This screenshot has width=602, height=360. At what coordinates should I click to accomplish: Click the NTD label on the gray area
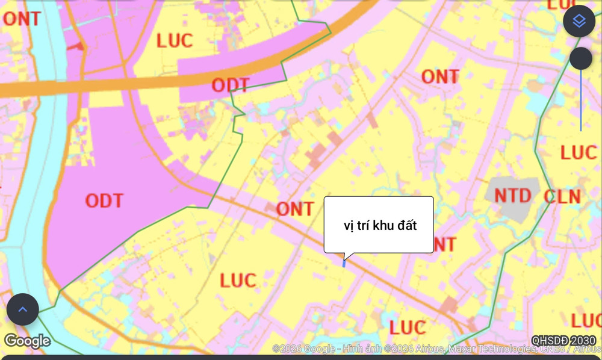click(x=513, y=196)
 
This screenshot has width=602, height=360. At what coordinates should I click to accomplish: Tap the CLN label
click(x=562, y=197)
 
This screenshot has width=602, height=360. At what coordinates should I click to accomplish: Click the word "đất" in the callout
click(x=404, y=225)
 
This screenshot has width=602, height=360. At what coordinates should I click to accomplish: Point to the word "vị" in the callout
click(x=348, y=226)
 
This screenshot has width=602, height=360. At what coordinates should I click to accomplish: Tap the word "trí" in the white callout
click(x=362, y=225)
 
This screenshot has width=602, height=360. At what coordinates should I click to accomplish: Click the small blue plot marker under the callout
click(x=344, y=263)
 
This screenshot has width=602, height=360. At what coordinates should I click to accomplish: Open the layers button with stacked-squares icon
click(x=579, y=21)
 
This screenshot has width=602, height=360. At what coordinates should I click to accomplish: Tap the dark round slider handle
click(x=581, y=58)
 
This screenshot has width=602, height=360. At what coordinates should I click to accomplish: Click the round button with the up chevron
click(x=23, y=309)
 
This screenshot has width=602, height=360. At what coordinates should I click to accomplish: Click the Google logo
click(x=27, y=341)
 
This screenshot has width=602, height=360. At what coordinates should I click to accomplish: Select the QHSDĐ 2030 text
click(x=563, y=341)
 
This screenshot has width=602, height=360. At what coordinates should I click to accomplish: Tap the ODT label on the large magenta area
click(x=104, y=200)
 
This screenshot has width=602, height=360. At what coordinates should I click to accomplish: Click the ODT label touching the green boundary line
click(x=230, y=85)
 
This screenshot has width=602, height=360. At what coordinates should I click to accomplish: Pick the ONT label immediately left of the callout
click(x=295, y=209)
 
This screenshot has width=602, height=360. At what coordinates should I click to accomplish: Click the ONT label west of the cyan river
click(x=22, y=19)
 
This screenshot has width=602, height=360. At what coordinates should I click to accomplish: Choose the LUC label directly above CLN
click(x=578, y=152)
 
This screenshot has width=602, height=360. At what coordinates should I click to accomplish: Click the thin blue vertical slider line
click(x=581, y=102)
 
